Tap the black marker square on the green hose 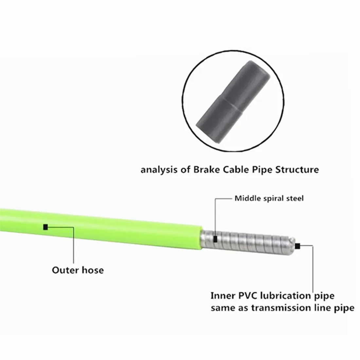(x=45, y=226)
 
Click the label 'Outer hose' (x=78, y=270)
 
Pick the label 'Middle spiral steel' (x=269, y=198)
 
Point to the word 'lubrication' (x=288, y=296)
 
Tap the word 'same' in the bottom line (x=221, y=308)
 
